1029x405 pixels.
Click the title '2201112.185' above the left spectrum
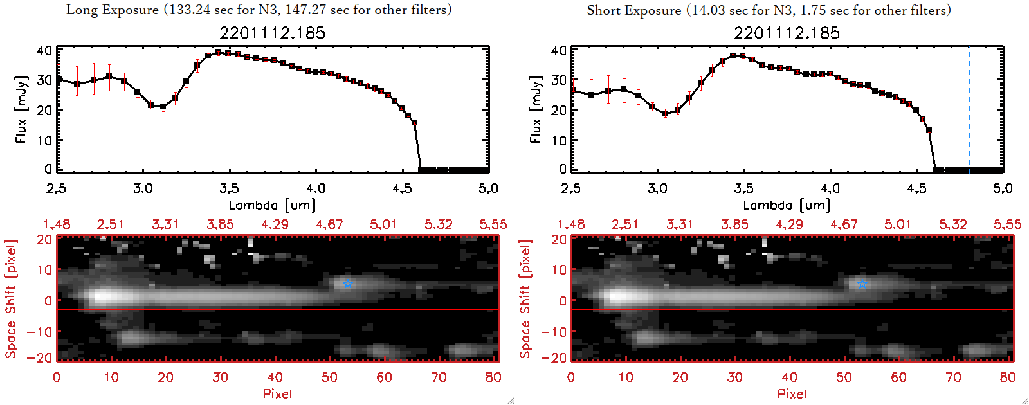click(x=272, y=33)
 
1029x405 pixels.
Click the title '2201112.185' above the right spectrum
click(x=787, y=33)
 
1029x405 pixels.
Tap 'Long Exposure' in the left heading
click(x=112, y=10)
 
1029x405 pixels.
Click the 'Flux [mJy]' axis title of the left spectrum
click(x=21, y=109)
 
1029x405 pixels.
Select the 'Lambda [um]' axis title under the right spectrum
click(x=787, y=205)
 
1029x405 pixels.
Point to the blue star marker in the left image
click(x=347, y=283)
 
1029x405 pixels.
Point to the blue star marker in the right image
click(x=862, y=283)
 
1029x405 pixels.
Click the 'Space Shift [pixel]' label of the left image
click(x=10, y=299)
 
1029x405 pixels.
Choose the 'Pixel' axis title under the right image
click(x=792, y=393)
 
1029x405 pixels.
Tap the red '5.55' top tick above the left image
click(x=493, y=224)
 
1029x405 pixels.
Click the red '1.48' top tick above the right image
click(x=571, y=224)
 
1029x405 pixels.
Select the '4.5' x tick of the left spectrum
click(x=402, y=188)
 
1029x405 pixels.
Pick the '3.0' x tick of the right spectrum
click(x=657, y=188)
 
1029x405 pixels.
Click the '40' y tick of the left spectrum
click(x=44, y=50)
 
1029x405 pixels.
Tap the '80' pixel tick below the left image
click(x=493, y=377)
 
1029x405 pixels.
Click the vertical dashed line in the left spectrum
click(x=455, y=109)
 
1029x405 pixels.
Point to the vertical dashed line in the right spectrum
click(x=969, y=109)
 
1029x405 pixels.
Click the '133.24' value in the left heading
click(x=190, y=10)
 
